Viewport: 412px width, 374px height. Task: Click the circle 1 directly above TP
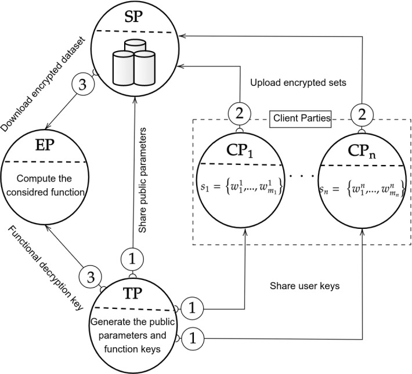point(133,256)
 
